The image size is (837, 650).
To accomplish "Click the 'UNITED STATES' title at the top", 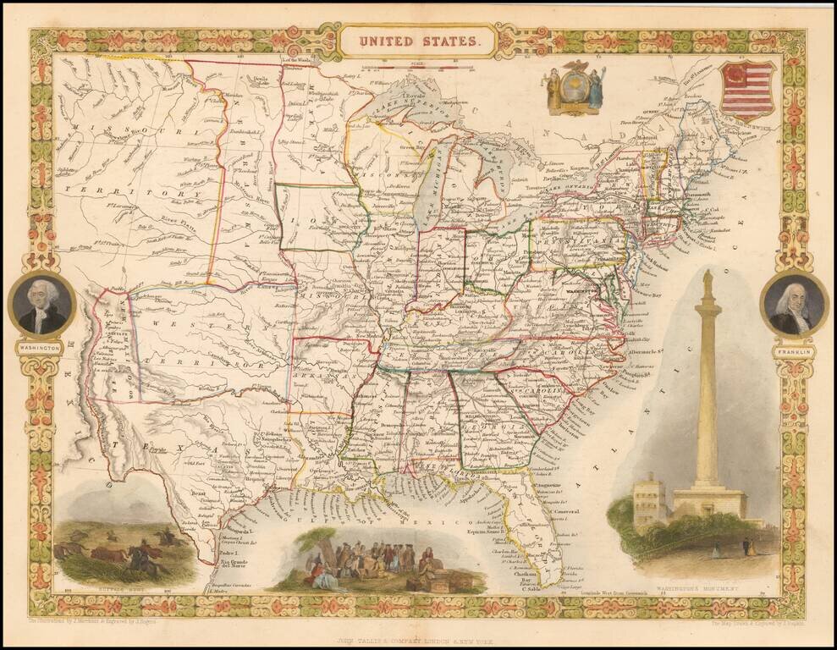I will [419, 39].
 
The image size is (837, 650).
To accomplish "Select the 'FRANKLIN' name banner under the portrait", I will [793, 349].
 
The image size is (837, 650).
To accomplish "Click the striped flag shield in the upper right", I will [746, 89].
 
